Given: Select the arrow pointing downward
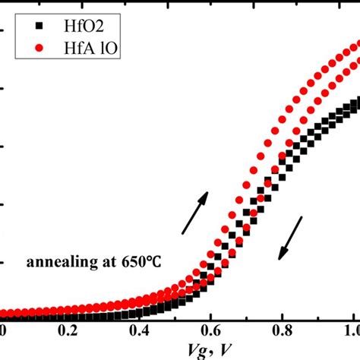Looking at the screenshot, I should pos(290,238).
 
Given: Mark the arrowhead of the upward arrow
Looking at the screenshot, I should pos(204,194).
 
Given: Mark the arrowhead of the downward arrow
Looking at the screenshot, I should pos(280,257).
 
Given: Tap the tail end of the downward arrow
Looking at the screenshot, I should pos(301,218).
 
